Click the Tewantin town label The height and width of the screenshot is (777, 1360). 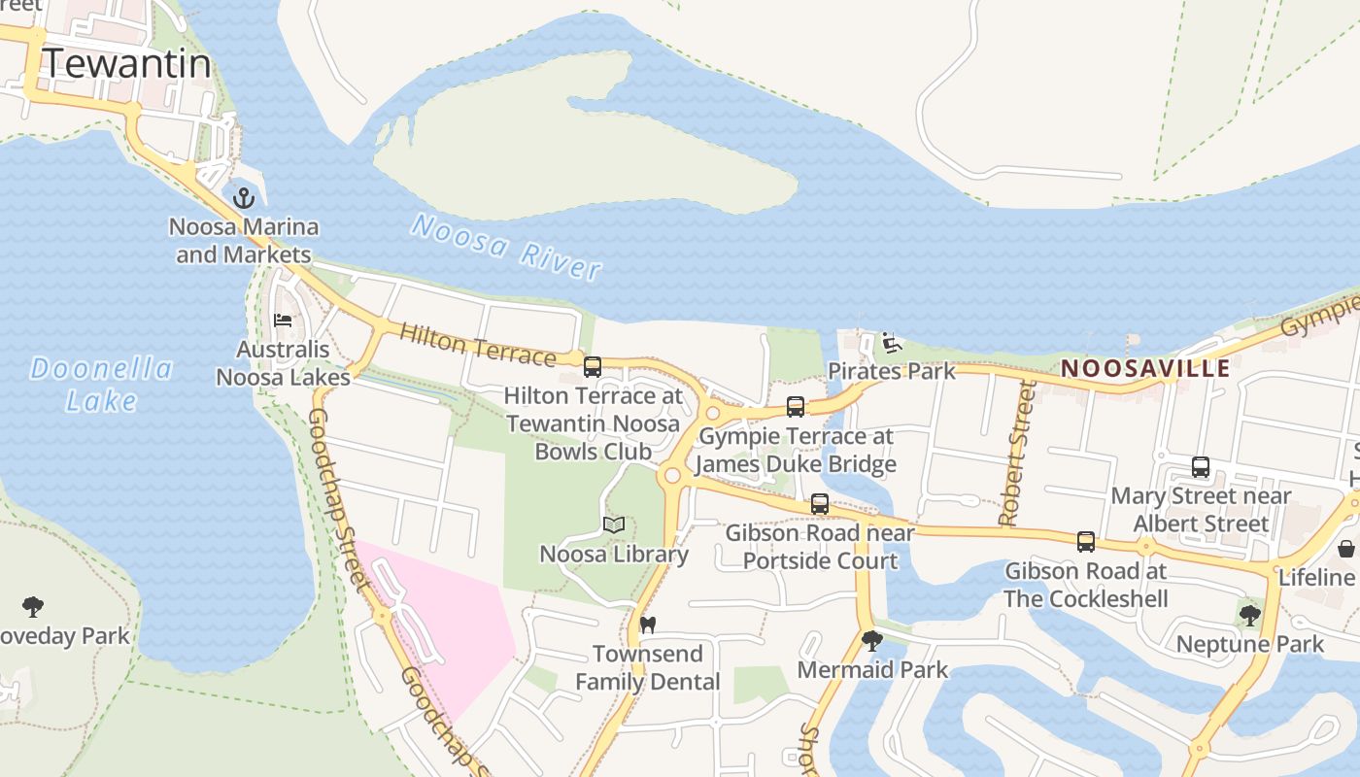pyautogui.click(x=126, y=63)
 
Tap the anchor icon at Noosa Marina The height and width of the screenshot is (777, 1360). pyautogui.click(x=244, y=198)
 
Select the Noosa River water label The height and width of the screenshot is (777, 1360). pyautogui.click(x=506, y=248)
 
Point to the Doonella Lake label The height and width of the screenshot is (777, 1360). pyautogui.click(x=101, y=384)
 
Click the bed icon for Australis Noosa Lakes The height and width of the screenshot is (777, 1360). pyautogui.click(x=283, y=321)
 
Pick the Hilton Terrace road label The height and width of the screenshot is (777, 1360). pyautogui.click(x=477, y=344)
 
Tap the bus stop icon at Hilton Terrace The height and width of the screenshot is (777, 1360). pyautogui.click(x=592, y=367)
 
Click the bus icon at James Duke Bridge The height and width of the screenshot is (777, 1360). pyautogui.click(x=796, y=407)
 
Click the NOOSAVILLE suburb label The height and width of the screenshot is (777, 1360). pyautogui.click(x=1145, y=369)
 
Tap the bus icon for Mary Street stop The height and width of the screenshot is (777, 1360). pyautogui.click(x=1201, y=467)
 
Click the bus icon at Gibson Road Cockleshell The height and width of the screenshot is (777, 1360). pyautogui.click(x=1085, y=542)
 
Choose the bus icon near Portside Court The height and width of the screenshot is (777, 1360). pyautogui.click(x=820, y=504)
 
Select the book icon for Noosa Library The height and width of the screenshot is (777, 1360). pyautogui.click(x=613, y=525)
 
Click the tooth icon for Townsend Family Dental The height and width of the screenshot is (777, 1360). pyautogui.click(x=647, y=625)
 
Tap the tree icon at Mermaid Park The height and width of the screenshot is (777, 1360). pyautogui.click(x=871, y=641)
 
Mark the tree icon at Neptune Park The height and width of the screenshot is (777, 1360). pyautogui.click(x=1249, y=615)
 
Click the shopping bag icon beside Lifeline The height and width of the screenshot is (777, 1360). pyautogui.click(x=1346, y=549)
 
